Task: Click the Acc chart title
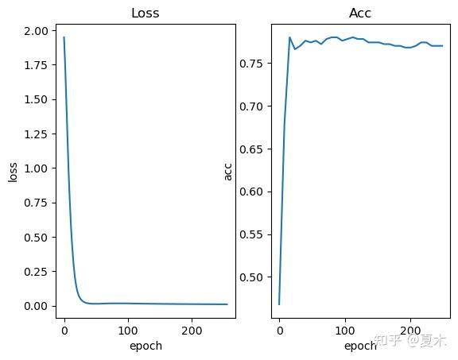coord(360,14)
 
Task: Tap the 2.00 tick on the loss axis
coord(37,31)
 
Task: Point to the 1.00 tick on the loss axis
coord(37,168)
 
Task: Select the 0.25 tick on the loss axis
coord(37,272)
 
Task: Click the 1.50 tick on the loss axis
coord(37,100)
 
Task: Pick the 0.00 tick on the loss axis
coord(37,306)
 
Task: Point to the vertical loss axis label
coord(13,172)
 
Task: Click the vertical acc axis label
coord(229,172)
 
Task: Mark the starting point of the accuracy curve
coord(279,304)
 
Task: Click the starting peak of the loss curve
coord(64,37)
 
